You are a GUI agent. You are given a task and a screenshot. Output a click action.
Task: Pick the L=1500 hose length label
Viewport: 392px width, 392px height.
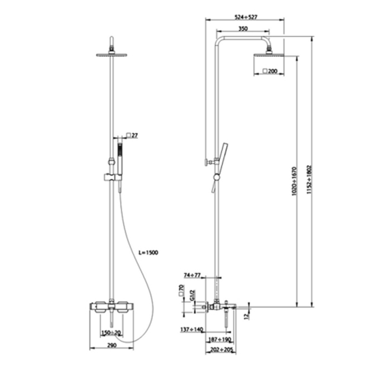pos(148,253)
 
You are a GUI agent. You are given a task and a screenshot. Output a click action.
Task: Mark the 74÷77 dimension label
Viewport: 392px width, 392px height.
pos(193,275)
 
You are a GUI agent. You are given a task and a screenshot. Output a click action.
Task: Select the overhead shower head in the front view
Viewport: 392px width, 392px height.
pos(112,54)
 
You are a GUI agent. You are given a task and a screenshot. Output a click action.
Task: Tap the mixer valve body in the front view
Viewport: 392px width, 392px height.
pos(112,307)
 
